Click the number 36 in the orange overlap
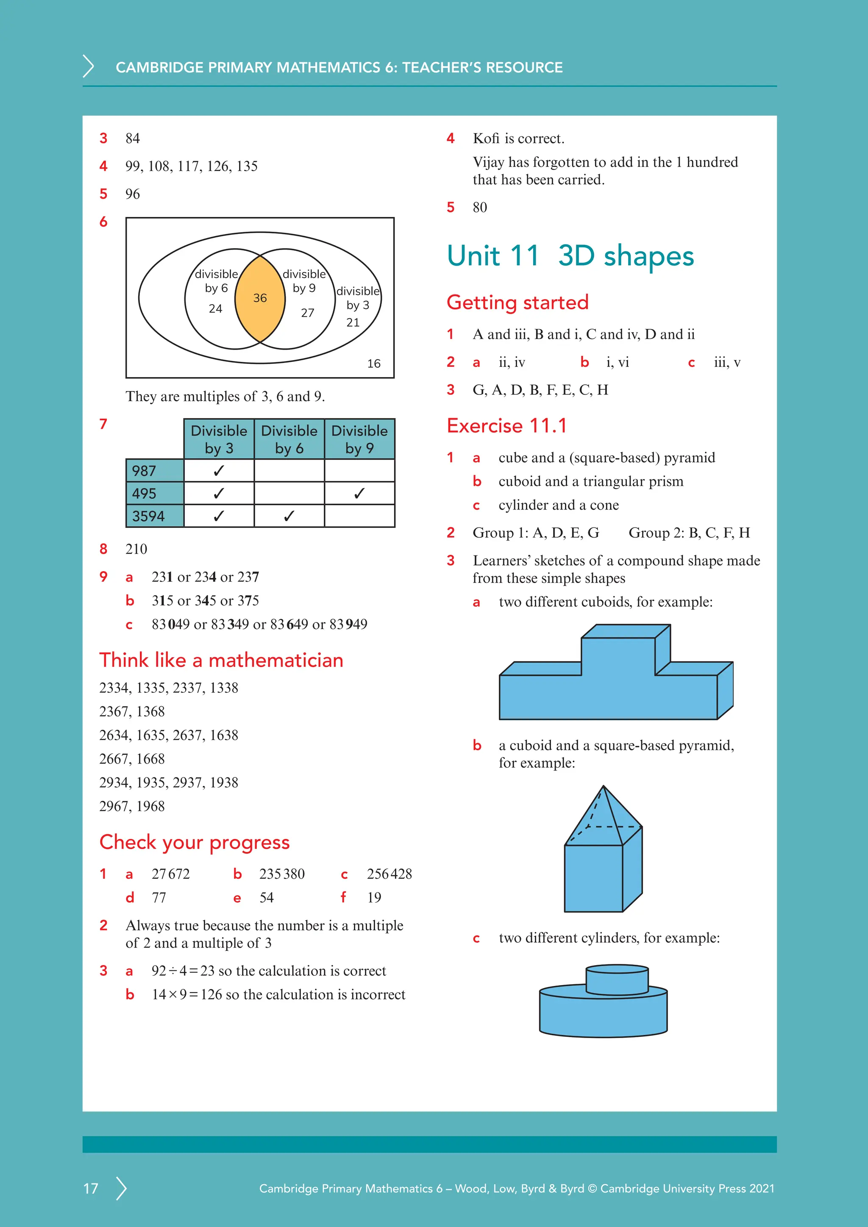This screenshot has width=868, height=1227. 260,298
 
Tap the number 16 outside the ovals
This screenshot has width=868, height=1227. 373,364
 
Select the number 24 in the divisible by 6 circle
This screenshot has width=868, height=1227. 215,308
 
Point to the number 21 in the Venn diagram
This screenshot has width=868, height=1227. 353,322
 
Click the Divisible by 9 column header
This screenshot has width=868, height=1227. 359,439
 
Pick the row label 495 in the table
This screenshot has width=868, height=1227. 144,493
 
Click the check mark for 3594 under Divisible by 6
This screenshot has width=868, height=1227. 289,516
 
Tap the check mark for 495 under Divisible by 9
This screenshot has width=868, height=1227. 359,493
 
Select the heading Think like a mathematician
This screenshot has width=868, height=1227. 221,660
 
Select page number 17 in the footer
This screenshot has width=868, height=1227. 91,1188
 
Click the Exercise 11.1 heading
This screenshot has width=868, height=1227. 506,426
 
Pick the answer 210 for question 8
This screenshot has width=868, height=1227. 136,549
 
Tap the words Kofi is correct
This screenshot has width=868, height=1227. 518,139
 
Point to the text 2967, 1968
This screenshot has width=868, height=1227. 132,806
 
